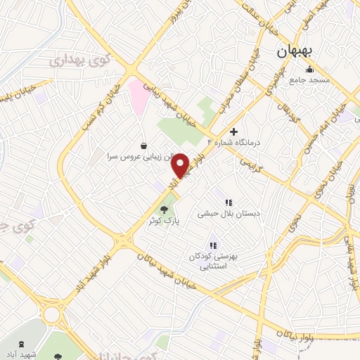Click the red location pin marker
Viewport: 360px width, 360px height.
point(181,165)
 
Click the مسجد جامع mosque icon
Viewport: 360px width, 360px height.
point(310,69)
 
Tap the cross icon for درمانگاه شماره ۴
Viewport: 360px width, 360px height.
point(234,131)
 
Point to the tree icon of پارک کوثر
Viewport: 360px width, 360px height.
point(165,209)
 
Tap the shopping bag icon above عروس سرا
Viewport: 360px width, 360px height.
point(144,146)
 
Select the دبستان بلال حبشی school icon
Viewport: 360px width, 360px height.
point(228,202)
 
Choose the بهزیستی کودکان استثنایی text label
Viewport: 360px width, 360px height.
point(212,262)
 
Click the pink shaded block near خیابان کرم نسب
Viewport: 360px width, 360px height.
point(138,98)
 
